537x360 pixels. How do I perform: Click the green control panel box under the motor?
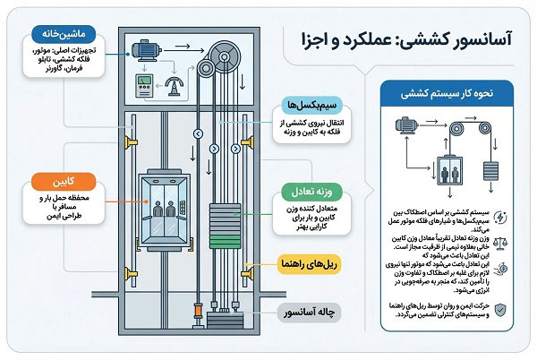point(141,88)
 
